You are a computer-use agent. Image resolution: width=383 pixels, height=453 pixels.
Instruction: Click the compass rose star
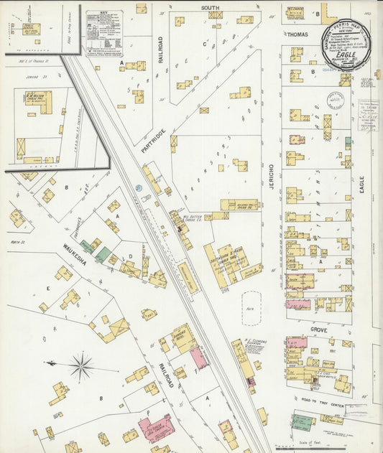(x=80, y=367)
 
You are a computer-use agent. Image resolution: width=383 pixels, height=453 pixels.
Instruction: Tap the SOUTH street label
(x=210, y=8)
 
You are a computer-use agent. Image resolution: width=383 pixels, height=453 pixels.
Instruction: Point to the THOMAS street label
(x=297, y=34)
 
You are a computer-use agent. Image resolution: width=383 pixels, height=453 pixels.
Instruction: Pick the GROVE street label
(x=318, y=330)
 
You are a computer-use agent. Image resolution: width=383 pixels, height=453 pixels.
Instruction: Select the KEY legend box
(x=104, y=33)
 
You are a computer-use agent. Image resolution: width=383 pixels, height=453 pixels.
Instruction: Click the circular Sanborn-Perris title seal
(x=347, y=45)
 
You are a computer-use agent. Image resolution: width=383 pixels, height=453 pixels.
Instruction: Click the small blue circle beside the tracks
(x=139, y=188)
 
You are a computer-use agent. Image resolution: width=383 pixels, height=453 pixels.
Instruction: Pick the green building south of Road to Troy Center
(x=303, y=421)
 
